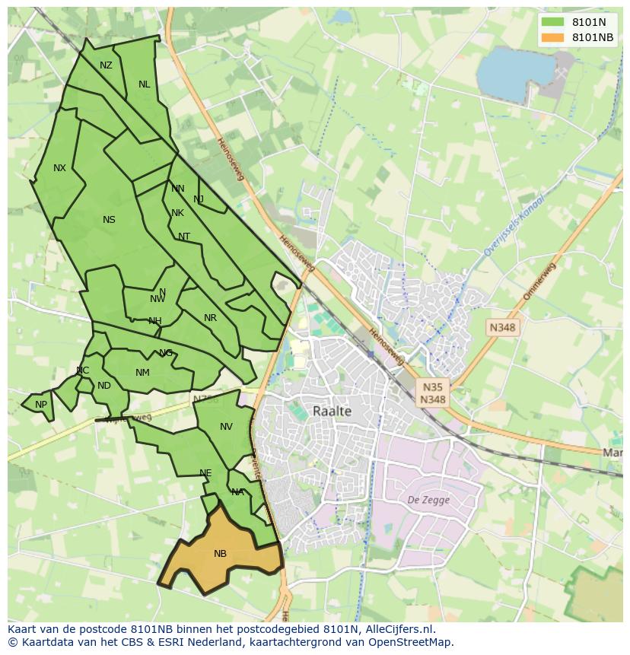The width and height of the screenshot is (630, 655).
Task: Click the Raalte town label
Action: click(x=332, y=411)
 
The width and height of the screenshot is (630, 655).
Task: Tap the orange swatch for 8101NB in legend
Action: click(x=553, y=38)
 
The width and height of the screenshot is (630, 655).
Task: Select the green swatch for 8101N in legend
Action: click(x=553, y=23)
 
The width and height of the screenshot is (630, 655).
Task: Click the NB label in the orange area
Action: click(x=220, y=554)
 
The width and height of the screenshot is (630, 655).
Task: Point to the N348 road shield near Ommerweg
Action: click(x=502, y=327)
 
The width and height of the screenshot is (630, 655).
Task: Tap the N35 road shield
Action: click(x=433, y=386)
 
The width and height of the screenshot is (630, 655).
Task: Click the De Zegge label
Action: click(x=428, y=500)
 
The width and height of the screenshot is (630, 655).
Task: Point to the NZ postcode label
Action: click(x=106, y=65)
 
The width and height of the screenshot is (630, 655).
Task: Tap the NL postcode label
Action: click(x=144, y=84)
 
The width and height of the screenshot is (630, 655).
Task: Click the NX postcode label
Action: click(x=59, y=168)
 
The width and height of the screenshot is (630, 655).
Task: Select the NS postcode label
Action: click(x=109, y=220)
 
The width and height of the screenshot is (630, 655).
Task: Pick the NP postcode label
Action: click(x=41, y=405)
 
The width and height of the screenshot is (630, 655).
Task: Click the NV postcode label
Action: click(x=226, y=427)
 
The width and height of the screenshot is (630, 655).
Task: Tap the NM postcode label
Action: click(x=142, y=373)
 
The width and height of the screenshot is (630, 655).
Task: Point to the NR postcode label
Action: click(x=210, y=318)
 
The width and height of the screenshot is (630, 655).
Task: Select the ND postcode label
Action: click(x=104, y=386)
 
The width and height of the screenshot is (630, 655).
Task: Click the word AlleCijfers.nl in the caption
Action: click(x=396, y=629)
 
